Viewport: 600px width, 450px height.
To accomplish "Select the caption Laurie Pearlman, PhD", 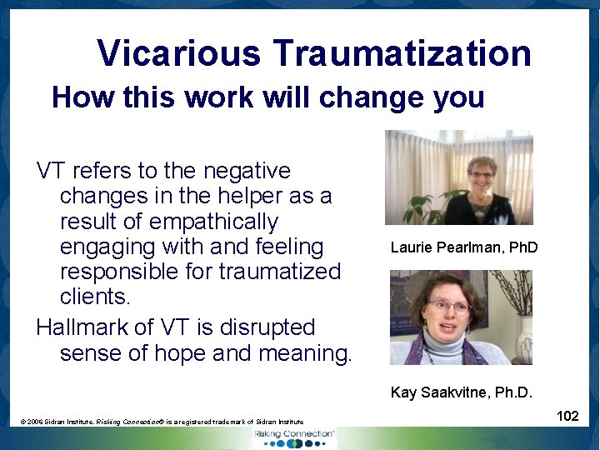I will (464, 247).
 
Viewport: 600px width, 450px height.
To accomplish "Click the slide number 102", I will (567, 416).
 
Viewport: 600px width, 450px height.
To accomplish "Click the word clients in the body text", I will (92, 297).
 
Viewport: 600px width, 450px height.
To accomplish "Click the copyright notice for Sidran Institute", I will (162, 422).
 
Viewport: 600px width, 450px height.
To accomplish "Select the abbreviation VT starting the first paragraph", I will (51, 171).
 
